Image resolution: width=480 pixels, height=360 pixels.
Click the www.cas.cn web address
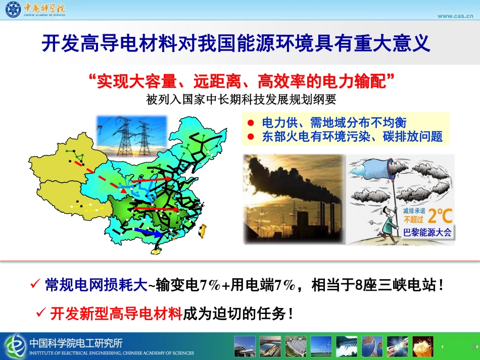coord(455,16)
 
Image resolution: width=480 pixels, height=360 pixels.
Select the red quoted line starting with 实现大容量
coord(241,81)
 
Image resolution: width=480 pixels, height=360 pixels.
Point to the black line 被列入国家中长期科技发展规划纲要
coord(241,99)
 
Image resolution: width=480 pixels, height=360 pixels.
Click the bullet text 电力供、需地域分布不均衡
coord(334,123)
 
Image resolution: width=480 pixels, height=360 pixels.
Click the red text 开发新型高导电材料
coord(116,314)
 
